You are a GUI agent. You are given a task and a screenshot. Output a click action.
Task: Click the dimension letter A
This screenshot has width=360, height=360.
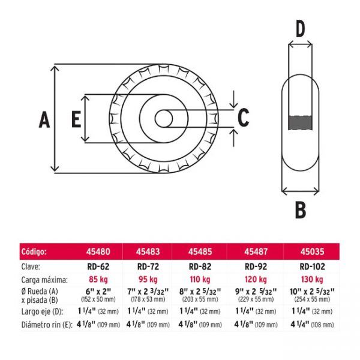pos(44,119)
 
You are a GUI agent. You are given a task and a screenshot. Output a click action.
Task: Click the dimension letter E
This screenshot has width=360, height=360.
pos(76,119)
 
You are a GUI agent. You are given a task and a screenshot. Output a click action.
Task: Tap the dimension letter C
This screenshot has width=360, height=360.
pos(244,118)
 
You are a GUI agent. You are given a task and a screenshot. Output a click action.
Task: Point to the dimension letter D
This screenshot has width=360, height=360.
pos(301,29)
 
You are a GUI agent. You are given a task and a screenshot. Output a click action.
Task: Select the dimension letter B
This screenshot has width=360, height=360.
pos(301,210)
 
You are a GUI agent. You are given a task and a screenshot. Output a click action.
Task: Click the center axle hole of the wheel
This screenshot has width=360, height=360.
pos(164,119)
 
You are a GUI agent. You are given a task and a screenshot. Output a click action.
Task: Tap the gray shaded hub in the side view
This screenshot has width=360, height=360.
pos(301,123)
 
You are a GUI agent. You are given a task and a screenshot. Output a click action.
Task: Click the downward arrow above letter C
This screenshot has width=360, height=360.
pos(234,99)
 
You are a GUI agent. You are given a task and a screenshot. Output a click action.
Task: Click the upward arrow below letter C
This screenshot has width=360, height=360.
pos(234,138)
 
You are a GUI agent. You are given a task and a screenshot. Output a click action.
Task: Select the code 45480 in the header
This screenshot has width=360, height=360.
pos(98,251)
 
